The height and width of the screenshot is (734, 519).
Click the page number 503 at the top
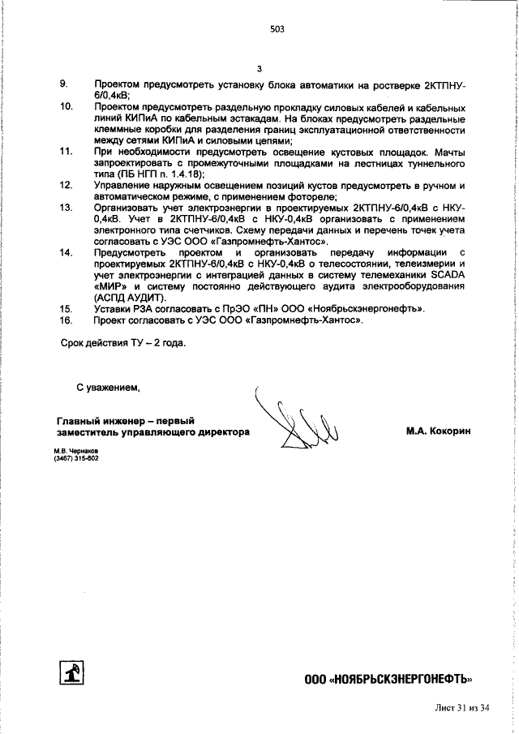[x=277, y=29]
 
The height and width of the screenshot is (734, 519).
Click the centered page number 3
[x=259, y=69]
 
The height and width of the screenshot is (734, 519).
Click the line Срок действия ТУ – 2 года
[x=123, y=342]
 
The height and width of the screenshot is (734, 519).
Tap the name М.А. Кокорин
[x=438, y=431]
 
